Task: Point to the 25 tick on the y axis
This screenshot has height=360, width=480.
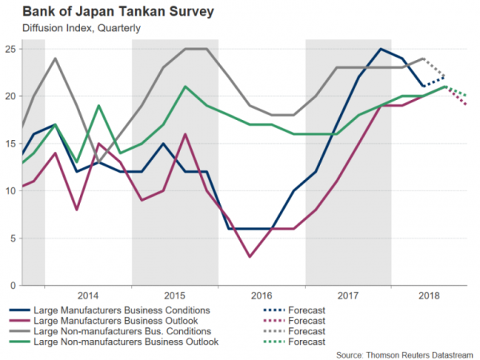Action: pyautogui.click(x=10, y=50)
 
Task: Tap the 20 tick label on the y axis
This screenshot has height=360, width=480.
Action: pyautogui.click(x=10, y=97)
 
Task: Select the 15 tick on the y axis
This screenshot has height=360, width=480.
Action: pyautogui.click(x=10, y=144)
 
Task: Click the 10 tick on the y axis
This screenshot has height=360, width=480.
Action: pyautogui.click(x=10, y=191)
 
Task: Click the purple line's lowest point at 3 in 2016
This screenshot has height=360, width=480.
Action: pyautogui.click(x=250, y=257)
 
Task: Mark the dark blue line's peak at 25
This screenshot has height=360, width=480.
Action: pyautogui.click(x=380, y=50)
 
